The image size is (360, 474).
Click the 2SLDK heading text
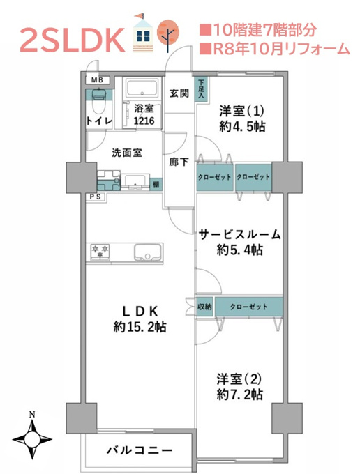coord(73,40)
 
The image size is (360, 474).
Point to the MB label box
coord(98,79)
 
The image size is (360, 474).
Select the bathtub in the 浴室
coord(142,88)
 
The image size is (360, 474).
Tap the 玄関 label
coord(179,93)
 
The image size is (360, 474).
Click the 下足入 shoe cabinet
coord(201,89)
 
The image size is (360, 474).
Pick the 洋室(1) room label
coord(241,112)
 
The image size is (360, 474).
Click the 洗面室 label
coord(127,153)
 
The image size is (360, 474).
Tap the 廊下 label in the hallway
coord(179,162)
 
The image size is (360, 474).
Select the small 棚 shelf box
coord(156,184)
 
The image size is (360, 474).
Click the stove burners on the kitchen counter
coord(100,252)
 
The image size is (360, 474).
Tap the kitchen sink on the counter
coord(148,252)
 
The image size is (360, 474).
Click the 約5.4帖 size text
coord(239,250)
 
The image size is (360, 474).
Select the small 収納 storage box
coord(204,307)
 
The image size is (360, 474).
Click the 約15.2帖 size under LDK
coord(140,327)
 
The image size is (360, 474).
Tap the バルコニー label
coord(140,450)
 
